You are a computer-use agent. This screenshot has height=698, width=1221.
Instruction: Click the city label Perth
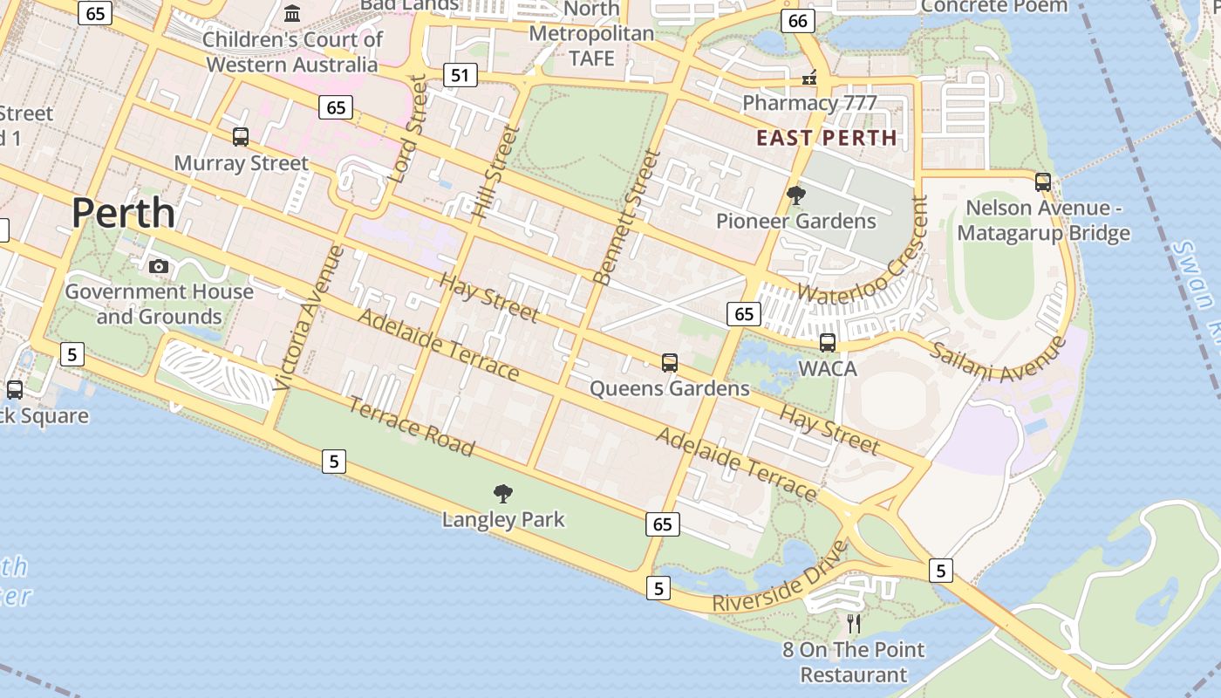(x=123, y=213)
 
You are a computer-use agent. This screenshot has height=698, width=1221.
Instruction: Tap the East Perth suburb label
(x=826, y=138)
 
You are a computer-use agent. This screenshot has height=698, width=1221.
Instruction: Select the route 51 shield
(x=460, y=76)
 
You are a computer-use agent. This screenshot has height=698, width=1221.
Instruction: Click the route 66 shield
(x=797, y=21)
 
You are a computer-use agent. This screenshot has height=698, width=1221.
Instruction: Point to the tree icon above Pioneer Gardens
(x=795, y=195)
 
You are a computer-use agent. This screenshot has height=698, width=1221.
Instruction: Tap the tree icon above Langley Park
(x=503, y=494)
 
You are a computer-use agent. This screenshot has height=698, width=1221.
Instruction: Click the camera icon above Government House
(x=158, y=266)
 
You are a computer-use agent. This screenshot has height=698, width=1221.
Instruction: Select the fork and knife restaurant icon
(x=854, y=624)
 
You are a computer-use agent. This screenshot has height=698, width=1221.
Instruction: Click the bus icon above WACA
(x=828, y=343)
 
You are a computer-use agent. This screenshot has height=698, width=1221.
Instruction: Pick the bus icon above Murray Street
(x=241, y=137)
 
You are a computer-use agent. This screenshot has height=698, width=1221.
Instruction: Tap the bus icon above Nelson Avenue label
(x=1042, y=182)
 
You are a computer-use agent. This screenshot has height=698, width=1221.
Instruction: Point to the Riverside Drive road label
(x=780, y=578)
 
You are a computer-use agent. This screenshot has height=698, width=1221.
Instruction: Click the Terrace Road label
(x=412, y=427)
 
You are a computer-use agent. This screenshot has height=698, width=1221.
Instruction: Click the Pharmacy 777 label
(x=808, y=103)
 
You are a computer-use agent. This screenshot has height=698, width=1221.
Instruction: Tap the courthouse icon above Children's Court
(x=292, y=14)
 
